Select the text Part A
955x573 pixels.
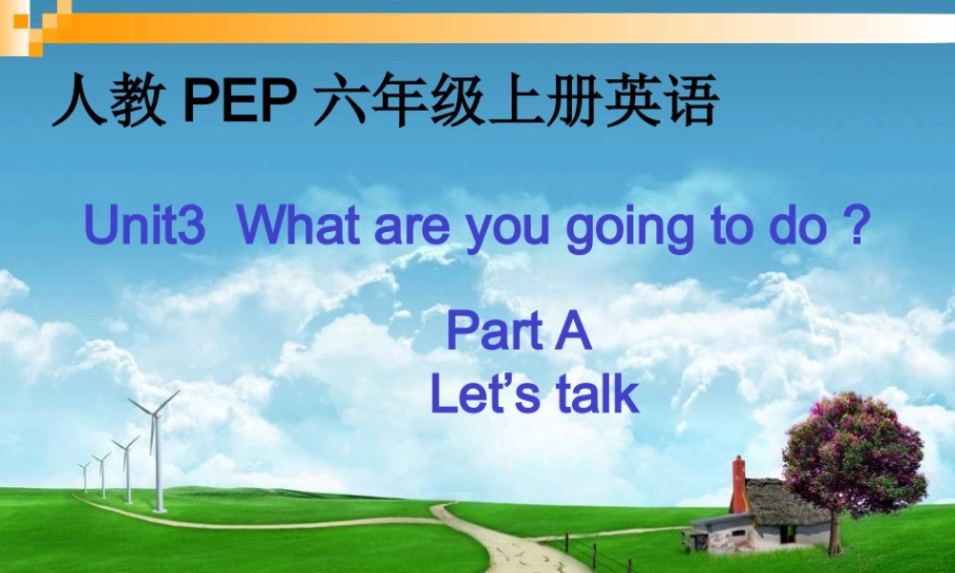(x=520, y=333)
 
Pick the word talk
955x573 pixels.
(x=598, y=394)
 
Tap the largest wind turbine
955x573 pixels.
(x=156, y=449)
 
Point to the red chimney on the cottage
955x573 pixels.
(x=738, y=485)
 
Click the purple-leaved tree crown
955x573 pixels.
(x=853, y=455)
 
